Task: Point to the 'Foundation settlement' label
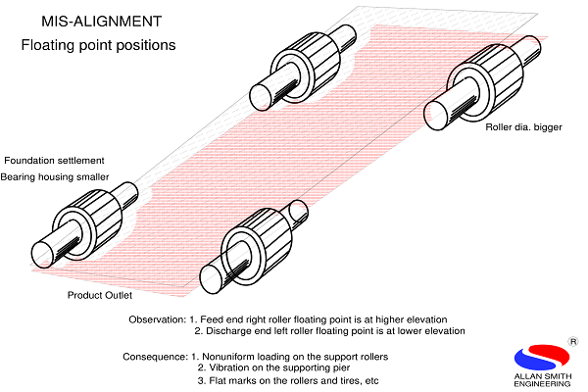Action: [x=54, y=160]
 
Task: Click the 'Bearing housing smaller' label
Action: [x=55, y=176]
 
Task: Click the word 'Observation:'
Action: [x=157, y=318]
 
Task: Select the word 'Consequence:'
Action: [x=154, y=355]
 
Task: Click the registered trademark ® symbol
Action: [x=571, y=342]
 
